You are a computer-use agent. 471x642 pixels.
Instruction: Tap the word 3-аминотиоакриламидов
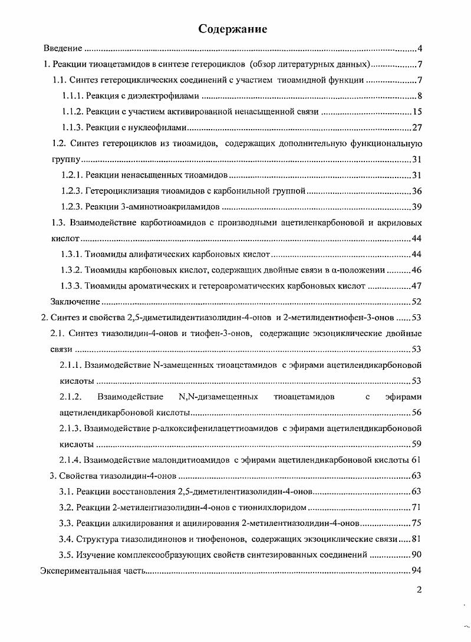click(x=176, y=207)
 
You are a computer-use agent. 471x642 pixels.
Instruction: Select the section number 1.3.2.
click(x=72, y=271)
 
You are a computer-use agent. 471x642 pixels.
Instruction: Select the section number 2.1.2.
click(x=71, y=397)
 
